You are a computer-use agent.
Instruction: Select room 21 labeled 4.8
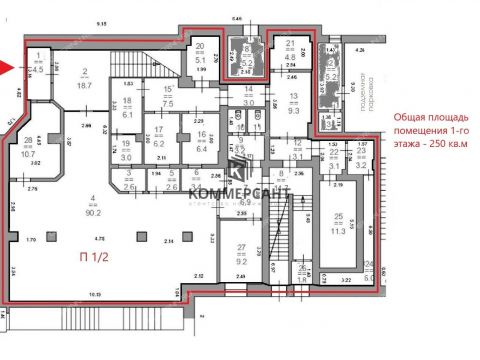point(291,51)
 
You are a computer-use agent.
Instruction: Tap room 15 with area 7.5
point(168,96)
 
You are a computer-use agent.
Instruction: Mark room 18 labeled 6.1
point(127,108)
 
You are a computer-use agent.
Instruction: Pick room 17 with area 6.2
point(158,138)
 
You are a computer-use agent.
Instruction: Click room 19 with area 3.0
point(127,151)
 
